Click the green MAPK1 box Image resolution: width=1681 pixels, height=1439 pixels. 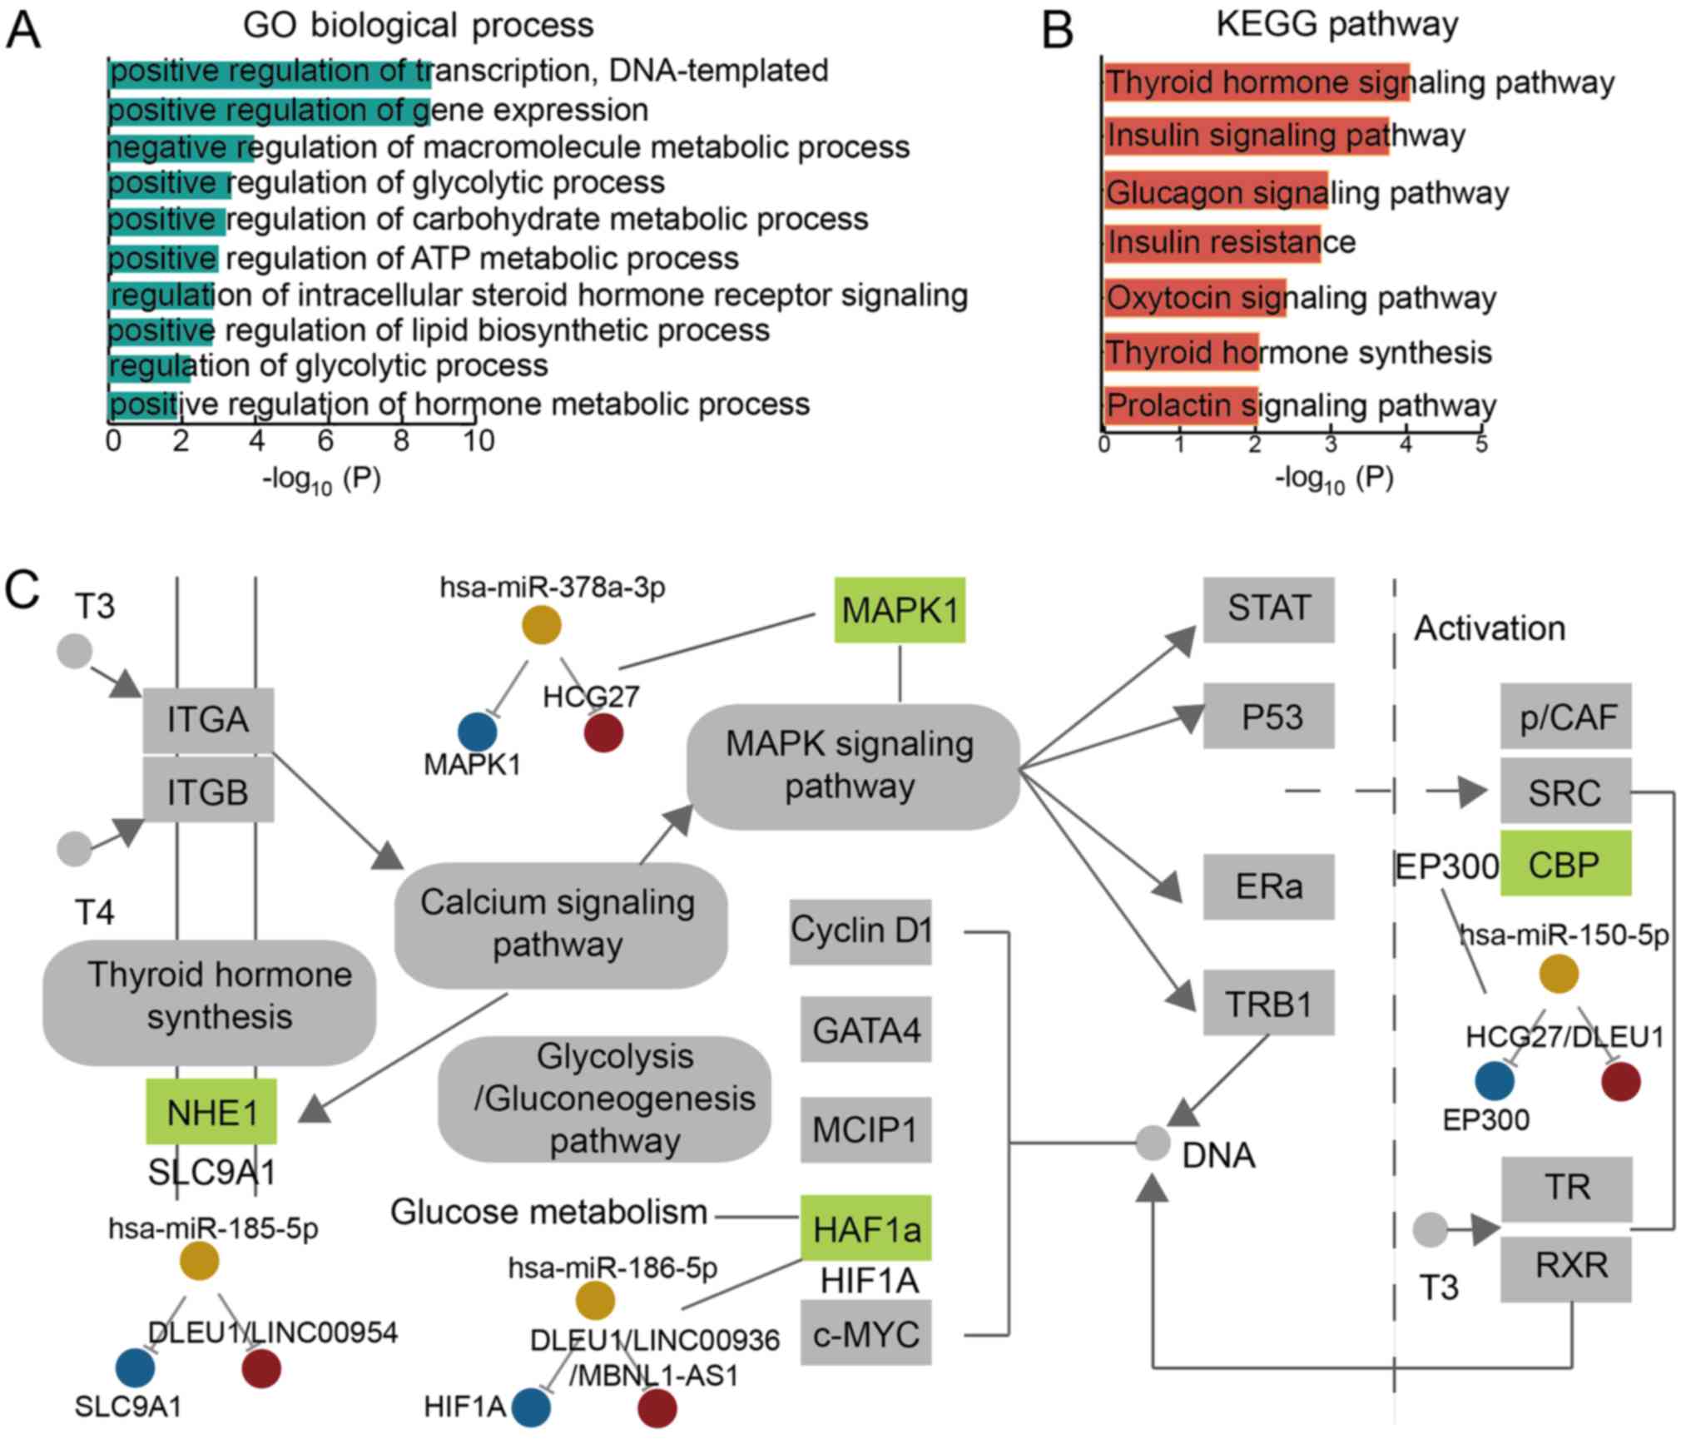click(900, 610)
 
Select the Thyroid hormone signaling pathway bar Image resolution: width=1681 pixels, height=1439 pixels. click(1256, 82)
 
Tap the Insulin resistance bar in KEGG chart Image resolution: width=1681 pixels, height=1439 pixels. click(1212, 242)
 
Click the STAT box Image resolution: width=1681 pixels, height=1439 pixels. click(1268, 609)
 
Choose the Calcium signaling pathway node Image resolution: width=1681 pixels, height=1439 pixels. click(559, 924)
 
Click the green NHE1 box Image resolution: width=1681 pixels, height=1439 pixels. click(211, 1112)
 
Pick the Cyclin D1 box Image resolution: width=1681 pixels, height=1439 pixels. click(860, 930)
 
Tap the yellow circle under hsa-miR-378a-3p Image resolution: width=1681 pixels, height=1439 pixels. click(541, 625)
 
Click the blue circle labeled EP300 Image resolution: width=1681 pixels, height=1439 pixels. click(1495, 1081)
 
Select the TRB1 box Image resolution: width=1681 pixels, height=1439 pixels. click(1268, 1003)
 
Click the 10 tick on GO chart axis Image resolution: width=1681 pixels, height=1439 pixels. click(479, 440)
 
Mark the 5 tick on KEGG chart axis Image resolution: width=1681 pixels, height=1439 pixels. click(1481, 444)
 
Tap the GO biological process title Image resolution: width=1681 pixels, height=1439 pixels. click(418, 25)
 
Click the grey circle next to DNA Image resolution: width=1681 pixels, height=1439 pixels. click(1153, 1143)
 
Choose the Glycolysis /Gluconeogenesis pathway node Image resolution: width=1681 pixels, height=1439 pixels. click(605, 1099)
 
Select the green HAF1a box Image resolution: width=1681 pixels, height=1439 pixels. click(865, 1228)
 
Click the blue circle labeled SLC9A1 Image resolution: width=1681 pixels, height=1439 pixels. click(135, 1367)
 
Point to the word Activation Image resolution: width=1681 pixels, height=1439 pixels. click(1490, 628)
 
